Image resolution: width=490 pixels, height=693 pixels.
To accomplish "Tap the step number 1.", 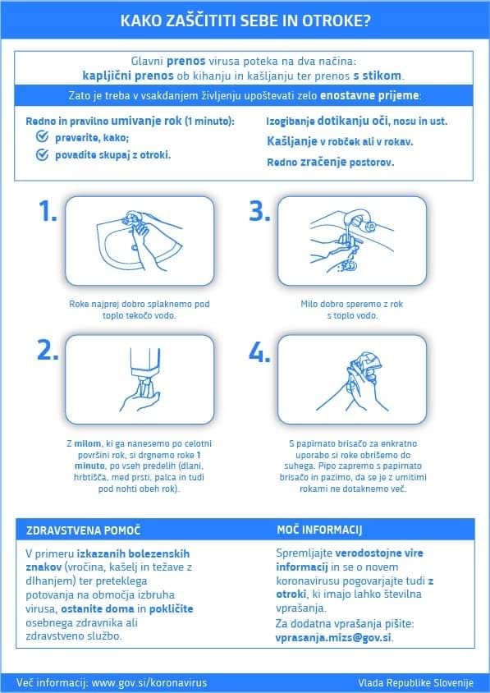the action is coord(48,211).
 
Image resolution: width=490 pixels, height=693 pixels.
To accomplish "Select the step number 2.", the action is coord(48,351).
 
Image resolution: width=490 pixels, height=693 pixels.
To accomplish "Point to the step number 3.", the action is coord(260,211).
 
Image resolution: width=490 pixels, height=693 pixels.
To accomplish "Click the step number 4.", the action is coord(260,352).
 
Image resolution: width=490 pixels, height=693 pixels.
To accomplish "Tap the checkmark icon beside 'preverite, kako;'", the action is coord(42,137).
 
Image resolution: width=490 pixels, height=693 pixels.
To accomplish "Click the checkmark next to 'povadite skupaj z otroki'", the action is coord(42,154).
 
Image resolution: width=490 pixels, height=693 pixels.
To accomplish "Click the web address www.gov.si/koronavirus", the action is coord(149,682).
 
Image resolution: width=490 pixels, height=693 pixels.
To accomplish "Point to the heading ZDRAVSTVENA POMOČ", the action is coord(83,530).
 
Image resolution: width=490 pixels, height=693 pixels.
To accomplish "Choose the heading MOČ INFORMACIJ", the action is coord(319,530).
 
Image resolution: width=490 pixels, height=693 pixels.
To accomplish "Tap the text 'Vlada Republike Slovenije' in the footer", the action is coord(416,682).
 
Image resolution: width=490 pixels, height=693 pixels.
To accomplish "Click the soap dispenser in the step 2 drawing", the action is coord(144,369).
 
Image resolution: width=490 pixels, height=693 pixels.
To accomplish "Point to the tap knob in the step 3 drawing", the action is coord(370,227).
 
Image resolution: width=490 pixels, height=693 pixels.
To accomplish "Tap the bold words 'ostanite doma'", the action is coord(98,609).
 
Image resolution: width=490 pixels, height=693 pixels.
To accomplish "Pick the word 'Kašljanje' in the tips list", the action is coord(292,141).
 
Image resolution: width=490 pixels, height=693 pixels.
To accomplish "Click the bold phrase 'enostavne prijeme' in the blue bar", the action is coord(369,95).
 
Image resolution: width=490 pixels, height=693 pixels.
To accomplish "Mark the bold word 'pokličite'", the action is coord(171,609).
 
